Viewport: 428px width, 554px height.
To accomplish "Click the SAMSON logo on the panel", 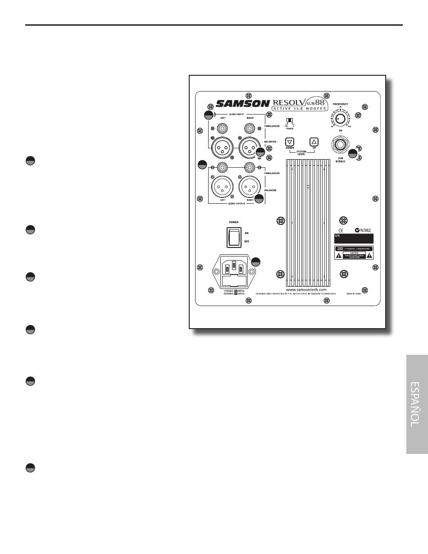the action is [x=242, y=104].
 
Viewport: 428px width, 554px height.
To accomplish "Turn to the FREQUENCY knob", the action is [x=341, y=119].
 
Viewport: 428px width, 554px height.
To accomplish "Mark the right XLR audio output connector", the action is [x=249, y=186].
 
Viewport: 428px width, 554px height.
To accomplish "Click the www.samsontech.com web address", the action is [x=306, y=289].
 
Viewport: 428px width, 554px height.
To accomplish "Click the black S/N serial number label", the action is [x=354, y=238].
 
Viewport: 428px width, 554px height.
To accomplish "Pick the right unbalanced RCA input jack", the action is [x=248, y=128].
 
